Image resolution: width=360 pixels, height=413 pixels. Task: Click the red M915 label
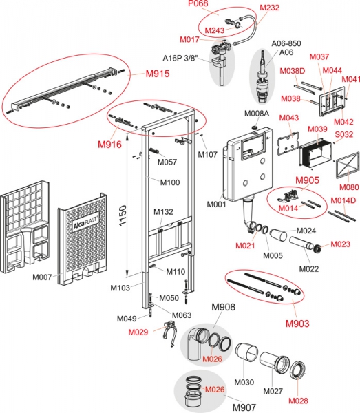[158, 74]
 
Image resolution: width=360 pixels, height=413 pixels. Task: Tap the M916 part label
[110, 145]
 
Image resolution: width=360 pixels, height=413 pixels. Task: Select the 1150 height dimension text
[123, 215]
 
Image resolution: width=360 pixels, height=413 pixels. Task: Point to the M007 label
[42, 277]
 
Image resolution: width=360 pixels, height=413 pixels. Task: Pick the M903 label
[297, 324]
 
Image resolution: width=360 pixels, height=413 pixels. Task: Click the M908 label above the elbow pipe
[224, 307]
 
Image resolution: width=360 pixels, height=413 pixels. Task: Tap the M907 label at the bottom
[244, 407]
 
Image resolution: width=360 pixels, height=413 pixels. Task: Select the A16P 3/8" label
[180, 58]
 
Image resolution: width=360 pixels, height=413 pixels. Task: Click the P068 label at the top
[198, 3]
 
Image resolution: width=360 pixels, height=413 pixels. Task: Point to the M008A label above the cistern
[257, 114]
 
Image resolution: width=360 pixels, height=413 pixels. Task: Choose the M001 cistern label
[216, 204]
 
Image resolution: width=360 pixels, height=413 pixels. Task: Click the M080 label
[349, 187]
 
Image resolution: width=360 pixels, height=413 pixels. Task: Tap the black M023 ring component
[317, 248]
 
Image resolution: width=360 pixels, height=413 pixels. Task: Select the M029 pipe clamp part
[169, 332]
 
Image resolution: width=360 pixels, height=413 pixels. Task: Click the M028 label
[298, 401]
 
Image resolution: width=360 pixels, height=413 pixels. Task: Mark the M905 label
[307, 180]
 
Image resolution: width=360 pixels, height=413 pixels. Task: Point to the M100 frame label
[170, 182]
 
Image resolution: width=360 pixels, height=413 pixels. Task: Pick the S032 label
[344, 134]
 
